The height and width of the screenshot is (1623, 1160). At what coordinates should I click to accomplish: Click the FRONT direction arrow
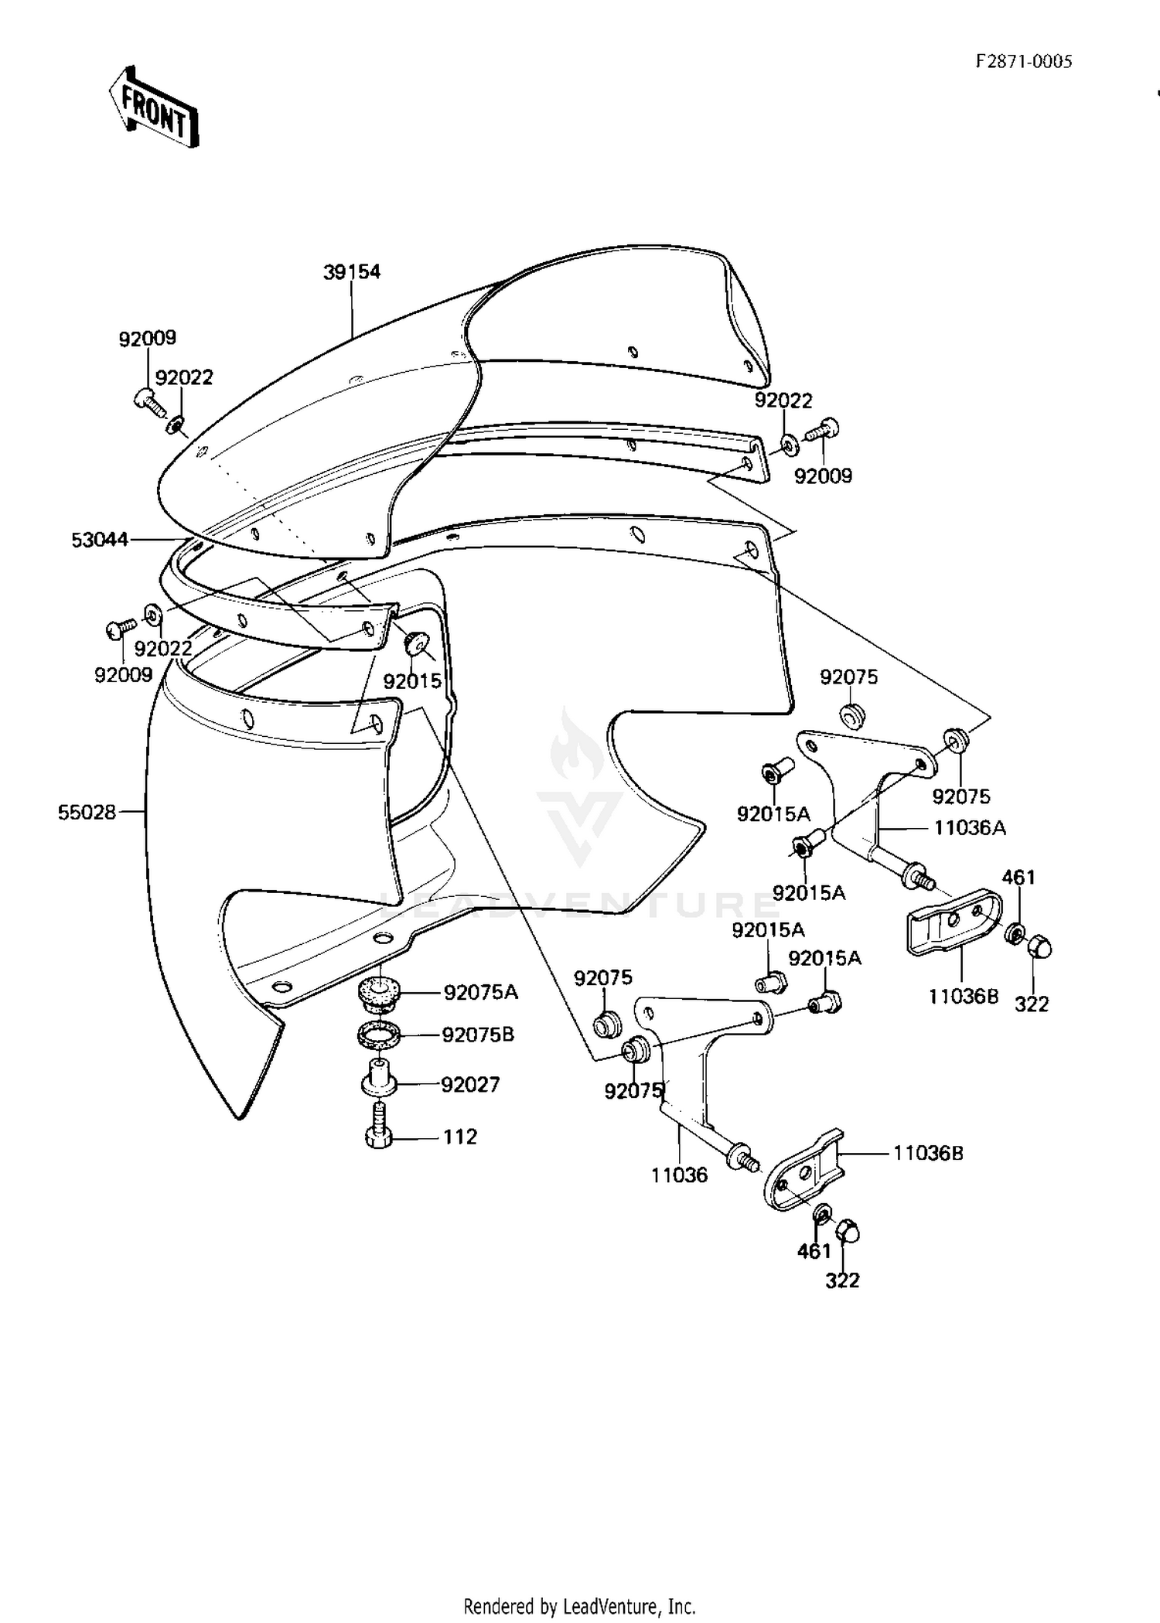click(x=153, y=106)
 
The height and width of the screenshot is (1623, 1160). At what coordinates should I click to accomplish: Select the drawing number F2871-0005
click(x=1024, y=62)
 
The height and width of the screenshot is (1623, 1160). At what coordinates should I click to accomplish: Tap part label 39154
click(x=352, y=271)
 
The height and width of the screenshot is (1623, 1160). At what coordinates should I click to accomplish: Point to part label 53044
click(x=100, y=540)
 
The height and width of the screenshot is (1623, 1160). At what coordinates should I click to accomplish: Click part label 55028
click(x=87, y=812)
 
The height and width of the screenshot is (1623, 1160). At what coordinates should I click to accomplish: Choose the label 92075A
click(x=480, y=992)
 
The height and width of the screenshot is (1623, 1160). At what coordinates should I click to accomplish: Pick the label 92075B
click(x=478, y=1035)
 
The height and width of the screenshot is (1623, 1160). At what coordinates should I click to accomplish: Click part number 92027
click(x=470, y=1084)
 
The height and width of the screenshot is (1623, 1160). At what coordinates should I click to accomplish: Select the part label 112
click(x=460, y=1137)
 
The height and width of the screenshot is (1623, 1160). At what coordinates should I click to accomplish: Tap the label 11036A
click(x=970, y=828)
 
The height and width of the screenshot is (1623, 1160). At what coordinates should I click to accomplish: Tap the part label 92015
click(x=412, y=681)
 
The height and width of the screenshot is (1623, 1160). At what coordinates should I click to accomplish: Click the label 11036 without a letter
click(x=679, y=1175)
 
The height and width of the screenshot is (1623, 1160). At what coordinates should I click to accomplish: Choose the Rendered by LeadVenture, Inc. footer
click(x=579, y=1607)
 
